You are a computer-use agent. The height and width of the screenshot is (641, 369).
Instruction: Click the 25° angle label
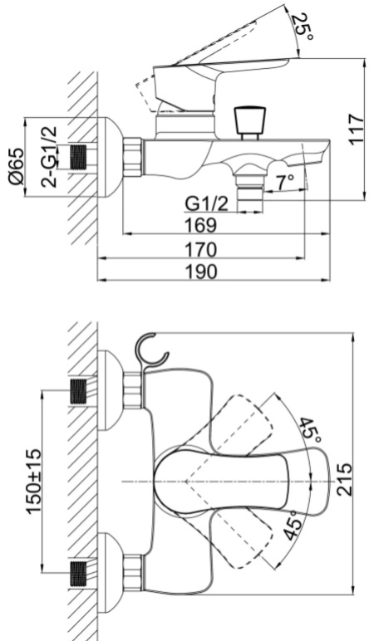(304, 27)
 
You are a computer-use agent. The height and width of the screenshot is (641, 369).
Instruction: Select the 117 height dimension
(357, 130)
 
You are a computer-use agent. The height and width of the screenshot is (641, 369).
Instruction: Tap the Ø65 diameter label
(17, 166)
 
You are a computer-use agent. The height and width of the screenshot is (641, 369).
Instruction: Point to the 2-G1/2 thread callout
(50, 157)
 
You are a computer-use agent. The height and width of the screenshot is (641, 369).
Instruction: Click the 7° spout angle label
(285, 183)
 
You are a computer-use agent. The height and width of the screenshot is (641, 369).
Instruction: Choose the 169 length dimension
(200, 225)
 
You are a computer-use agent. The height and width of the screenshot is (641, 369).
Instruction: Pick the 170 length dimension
(200, 250)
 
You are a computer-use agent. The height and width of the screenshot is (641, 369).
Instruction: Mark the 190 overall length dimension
(200, 272)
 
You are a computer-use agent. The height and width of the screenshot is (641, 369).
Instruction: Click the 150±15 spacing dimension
(33, 481)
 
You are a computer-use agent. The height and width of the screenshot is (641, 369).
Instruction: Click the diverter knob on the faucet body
(249, 123)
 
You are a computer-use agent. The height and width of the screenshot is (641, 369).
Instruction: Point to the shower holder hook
(151, 350)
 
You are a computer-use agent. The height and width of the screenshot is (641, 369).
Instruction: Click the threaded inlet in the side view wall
(79, 157)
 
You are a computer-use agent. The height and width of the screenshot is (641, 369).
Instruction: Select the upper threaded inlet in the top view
(79, 391)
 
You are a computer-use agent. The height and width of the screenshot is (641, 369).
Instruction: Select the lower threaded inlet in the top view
(79, 573)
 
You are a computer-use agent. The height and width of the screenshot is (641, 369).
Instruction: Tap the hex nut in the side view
(132, 158)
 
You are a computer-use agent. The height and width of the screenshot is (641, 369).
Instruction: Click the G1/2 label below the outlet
(207, 203)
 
